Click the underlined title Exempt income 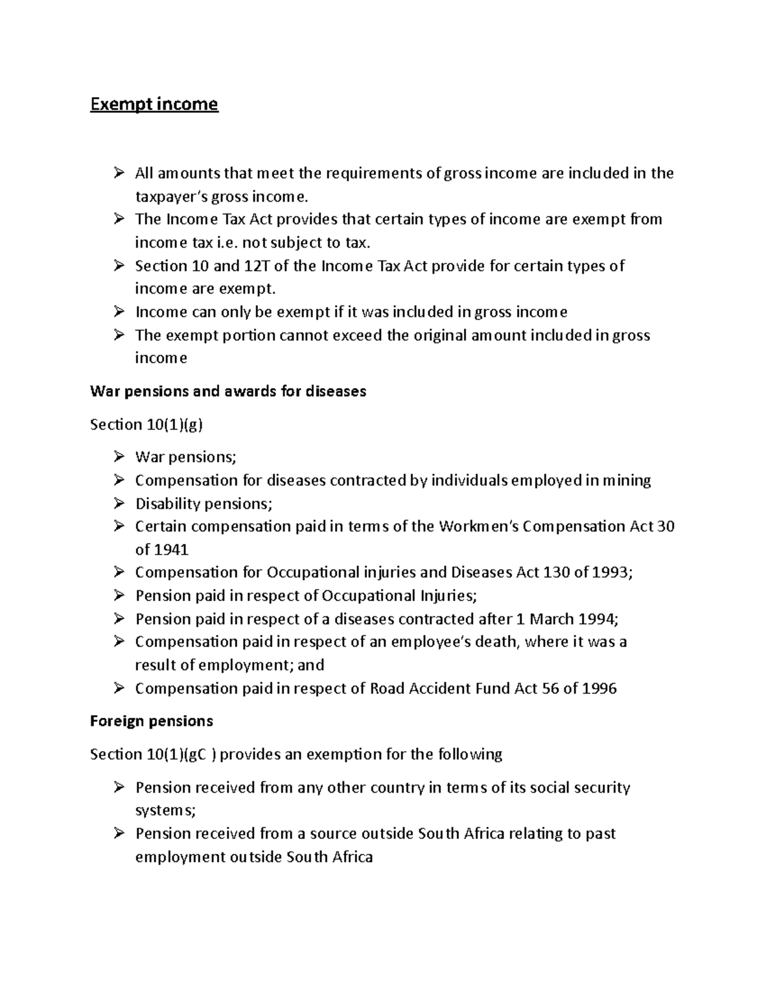(154, 104)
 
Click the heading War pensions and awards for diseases (228, 391)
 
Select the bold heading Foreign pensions (151, 721)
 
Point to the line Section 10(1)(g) (147, 424)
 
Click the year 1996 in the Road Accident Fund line (599, 688)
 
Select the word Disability (168, 503)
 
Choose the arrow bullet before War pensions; (119, 457)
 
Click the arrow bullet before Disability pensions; (119, 503)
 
